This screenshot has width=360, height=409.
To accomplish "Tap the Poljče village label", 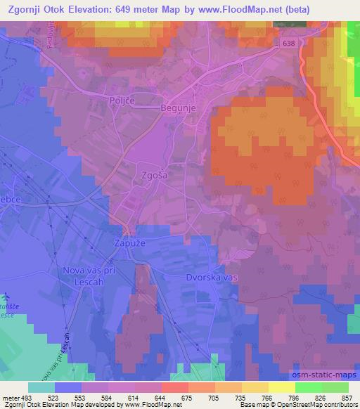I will coord(122,101).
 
